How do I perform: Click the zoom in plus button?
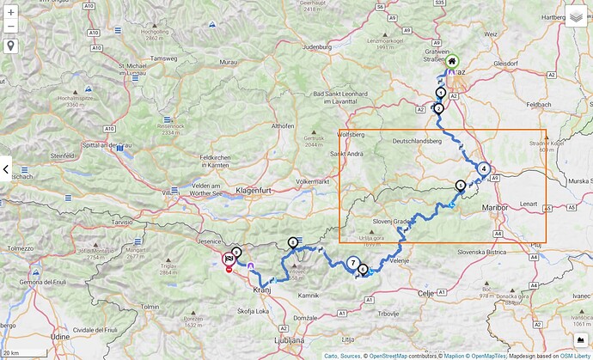coord(10,12)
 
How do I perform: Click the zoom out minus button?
coord(10,27)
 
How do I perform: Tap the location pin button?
coord(10,46)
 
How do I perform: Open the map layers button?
coord(576,16)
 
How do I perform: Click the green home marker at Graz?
coord(452,61)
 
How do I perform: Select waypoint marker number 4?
coord(484,169)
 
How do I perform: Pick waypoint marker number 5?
coord(461,185)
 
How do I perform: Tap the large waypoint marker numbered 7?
coord(353,263)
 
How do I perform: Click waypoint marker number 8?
coord(293,242)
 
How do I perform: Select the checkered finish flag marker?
coord(229,258)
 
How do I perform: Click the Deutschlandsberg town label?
coord(422,140)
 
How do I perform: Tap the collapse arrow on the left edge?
coord(5,169)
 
